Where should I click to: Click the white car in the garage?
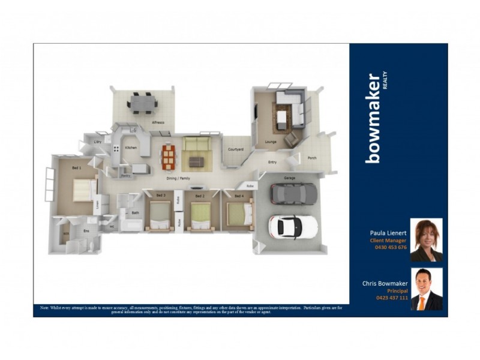tap(293, 226)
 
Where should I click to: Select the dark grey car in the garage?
tap(293, 193)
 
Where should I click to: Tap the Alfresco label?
tap(158, 122)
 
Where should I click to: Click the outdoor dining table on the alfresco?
tap(142, 103)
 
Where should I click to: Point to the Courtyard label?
tap(235, 149)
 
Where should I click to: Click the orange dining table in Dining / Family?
tap(169, 157)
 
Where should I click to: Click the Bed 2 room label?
tap(200, 196)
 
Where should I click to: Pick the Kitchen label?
tap(131, 147)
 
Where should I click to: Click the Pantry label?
tap(126, 175)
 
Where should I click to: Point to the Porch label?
tap(312, 158)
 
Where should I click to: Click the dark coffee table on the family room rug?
tap(197, 161)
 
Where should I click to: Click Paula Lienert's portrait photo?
tap(426, 240)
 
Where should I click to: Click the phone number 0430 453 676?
tap(391, 247)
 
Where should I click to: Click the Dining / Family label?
tap(178, 179)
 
